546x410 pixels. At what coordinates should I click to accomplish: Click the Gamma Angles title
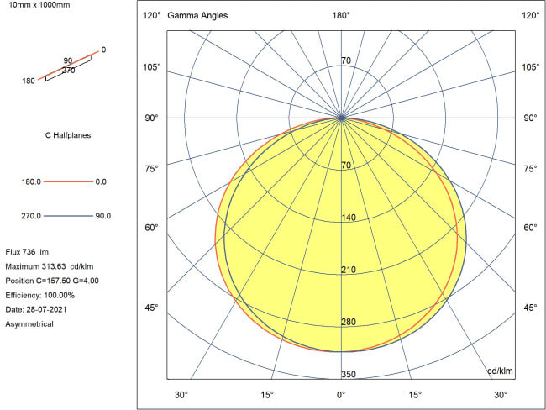pyautogui.click(x=197, y=16)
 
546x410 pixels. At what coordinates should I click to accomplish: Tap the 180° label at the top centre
pyautogui.click(x=341, y=16)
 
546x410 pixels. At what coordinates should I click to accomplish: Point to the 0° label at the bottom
pyautogui.click(x=341, y=395)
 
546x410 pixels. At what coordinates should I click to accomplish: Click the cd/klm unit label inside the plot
pyautogui.click(x=500, y=371)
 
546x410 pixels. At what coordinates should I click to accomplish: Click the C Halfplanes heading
pyautogui.click(x=67, y=134)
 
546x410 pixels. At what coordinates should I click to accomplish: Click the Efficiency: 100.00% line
pyautogui.click(x=40, y=295)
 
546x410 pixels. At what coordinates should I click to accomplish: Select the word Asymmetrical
pyautogui.click(x=29, y=323)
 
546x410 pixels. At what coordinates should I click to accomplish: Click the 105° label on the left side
pyautogui.click(x=151, y=67)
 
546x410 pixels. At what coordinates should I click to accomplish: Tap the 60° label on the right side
pyautogui.click(x=531, y=228)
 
